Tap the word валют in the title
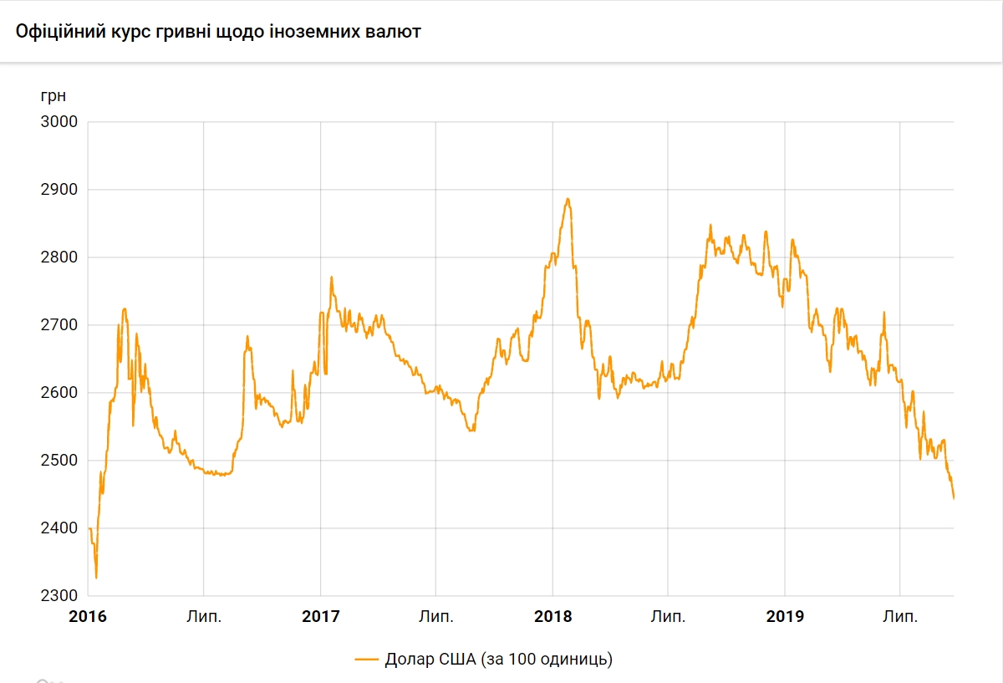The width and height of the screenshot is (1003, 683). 396,33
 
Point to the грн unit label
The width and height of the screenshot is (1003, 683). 53,95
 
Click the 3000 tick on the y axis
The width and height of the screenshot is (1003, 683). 59,122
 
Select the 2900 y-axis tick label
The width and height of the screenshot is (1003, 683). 59,190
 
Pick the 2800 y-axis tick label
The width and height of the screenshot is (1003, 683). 59,257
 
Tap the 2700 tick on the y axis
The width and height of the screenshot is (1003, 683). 59,325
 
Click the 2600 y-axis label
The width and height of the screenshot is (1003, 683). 59,393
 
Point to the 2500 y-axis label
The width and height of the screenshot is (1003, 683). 59,461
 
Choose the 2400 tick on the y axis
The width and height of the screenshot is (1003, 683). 59,528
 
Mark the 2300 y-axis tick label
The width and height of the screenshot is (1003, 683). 59,596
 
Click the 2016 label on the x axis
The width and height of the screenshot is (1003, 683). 88,617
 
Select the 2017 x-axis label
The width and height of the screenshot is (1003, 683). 320,617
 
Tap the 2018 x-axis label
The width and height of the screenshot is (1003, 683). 552,617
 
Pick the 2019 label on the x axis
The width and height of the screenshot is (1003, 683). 785,617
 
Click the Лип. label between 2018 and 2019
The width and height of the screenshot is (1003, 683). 669,617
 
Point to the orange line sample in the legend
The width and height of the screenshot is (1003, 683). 367,659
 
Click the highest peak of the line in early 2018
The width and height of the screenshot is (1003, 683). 568,199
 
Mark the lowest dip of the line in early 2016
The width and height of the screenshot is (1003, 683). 96,578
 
